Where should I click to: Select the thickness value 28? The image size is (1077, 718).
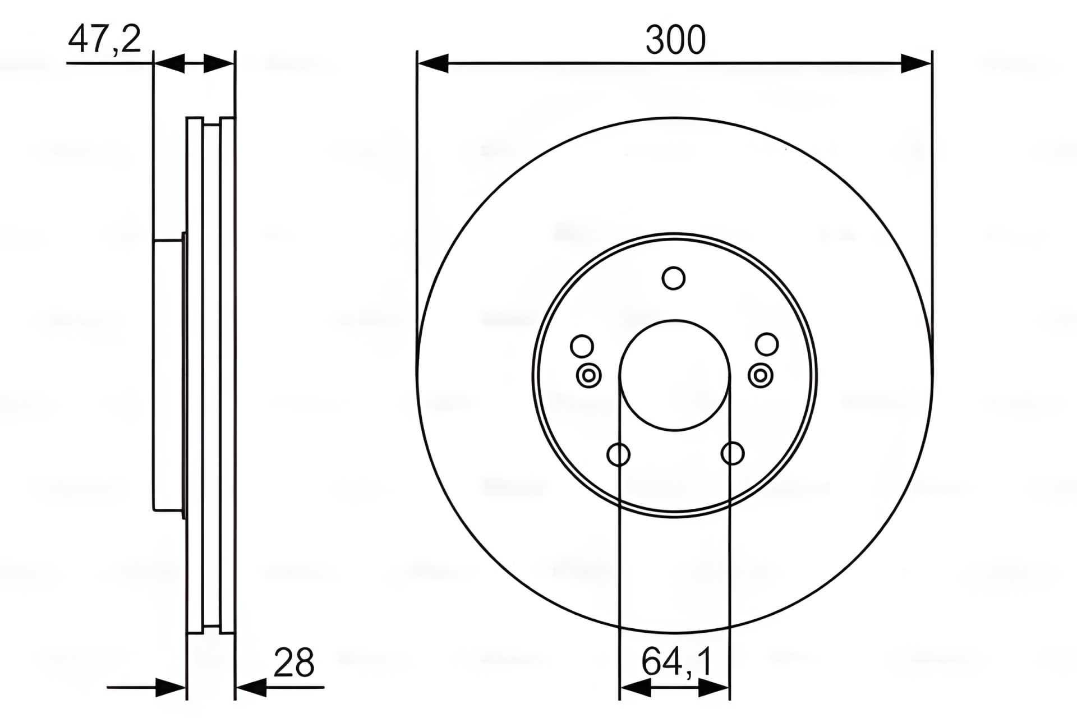294,662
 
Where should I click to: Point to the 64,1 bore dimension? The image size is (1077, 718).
677,662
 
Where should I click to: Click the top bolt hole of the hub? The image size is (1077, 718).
674,278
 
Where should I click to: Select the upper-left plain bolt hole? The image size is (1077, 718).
582,346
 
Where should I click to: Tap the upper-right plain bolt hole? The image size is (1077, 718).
767,344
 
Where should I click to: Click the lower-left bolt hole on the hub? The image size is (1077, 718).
619,454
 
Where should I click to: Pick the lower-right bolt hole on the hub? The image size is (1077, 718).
733,453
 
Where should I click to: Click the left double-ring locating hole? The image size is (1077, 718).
589,375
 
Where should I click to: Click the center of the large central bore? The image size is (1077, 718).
675,375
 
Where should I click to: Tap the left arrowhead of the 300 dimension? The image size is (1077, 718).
433,63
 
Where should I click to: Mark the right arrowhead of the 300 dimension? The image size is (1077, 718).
916,63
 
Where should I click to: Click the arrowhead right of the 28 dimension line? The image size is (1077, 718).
251,687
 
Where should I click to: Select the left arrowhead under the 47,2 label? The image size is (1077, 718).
169,63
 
